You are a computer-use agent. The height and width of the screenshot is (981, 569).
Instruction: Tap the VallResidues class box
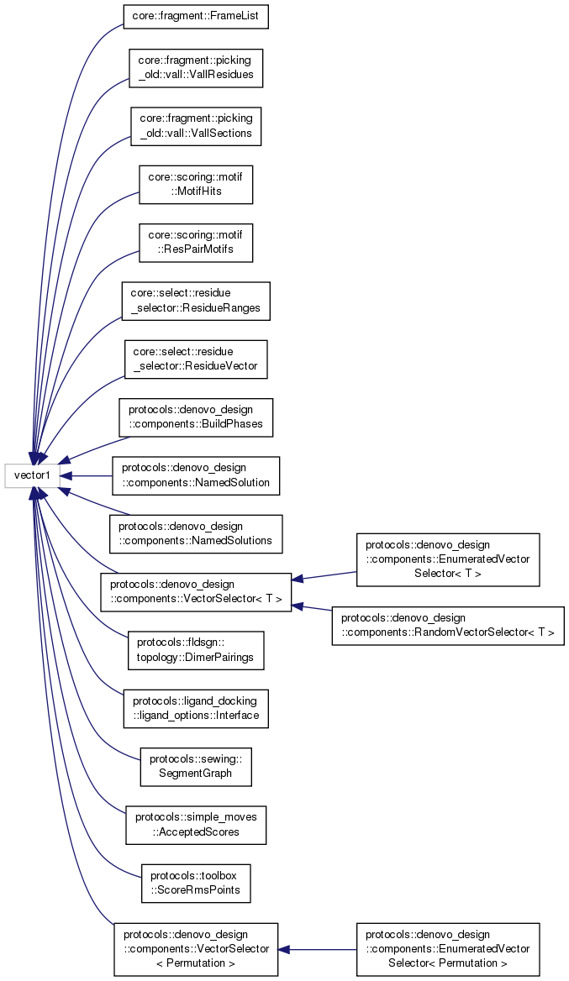pos(197,68)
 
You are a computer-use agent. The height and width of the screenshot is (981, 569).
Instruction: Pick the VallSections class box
pos(197,125)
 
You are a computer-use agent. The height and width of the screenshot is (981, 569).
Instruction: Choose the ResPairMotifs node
pos(196,241)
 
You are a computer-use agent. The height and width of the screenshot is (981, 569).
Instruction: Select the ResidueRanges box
pos(196,300)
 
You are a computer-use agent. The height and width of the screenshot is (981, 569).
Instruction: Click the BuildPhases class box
pos(196,417)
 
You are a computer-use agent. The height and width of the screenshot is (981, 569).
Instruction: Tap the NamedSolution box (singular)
pos(196,475)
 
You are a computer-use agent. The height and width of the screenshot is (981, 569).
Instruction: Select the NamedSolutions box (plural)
pos(196,533)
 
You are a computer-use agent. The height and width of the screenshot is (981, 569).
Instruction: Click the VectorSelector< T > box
pos(196,592)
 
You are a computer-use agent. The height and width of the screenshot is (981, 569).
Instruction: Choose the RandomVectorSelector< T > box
pos(447,626)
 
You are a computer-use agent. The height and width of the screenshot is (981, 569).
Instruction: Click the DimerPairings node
pos(196,650)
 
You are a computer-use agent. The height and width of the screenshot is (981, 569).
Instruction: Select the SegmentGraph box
pos(196,766)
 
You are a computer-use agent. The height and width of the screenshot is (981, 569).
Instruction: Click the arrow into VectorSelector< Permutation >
pos(285,949)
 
